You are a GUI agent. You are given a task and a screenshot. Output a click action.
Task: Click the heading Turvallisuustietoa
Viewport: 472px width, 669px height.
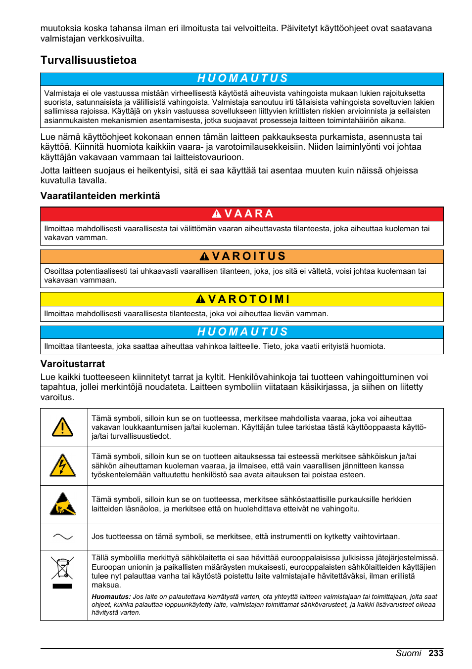click(89, 60)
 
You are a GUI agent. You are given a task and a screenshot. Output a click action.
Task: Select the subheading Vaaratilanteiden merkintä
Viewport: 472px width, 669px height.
click(100, 196)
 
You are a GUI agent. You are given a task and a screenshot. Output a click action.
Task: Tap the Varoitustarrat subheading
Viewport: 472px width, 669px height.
click(73, 364)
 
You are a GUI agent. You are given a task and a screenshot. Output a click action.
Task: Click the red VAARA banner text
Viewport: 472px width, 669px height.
click(248, 214)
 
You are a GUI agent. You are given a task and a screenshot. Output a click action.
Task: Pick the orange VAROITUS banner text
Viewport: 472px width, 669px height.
click(249, 256)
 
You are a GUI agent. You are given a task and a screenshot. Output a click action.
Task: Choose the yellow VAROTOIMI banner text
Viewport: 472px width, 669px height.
click(249, 299)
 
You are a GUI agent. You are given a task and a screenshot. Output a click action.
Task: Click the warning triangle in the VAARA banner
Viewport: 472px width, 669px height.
click(217, 214)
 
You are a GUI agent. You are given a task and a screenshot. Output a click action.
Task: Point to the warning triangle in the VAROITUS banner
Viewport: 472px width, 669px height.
click(204, 256)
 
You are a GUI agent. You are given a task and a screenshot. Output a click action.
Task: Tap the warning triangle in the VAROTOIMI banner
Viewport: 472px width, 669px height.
click(200, 299)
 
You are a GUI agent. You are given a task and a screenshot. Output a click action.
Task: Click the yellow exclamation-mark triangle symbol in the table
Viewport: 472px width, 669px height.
click(63, 427)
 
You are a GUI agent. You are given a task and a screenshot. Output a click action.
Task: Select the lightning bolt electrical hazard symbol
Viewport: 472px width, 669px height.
click(63, 465)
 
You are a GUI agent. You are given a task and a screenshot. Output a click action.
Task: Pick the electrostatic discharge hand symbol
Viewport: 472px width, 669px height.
click(63, 504)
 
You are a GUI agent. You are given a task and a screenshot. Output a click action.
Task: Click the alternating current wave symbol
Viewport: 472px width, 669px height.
click(63, 537)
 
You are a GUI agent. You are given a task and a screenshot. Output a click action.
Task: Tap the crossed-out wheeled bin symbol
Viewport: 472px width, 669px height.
click(62, 568)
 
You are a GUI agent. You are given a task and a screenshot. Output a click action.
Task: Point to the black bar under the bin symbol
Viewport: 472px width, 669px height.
click(62, 586)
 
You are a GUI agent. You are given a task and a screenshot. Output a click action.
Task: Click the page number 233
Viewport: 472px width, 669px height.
click(436, 653)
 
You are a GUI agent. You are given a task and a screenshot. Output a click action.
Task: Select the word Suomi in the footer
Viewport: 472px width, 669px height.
click(408, 653)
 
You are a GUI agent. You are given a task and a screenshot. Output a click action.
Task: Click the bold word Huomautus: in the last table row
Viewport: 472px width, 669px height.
click(111, 597)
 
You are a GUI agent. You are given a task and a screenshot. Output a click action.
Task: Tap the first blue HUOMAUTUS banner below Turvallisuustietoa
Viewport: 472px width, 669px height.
click(242, 79)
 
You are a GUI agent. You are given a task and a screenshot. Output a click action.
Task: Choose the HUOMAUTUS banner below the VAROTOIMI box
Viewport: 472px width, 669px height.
click(242, 332)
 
